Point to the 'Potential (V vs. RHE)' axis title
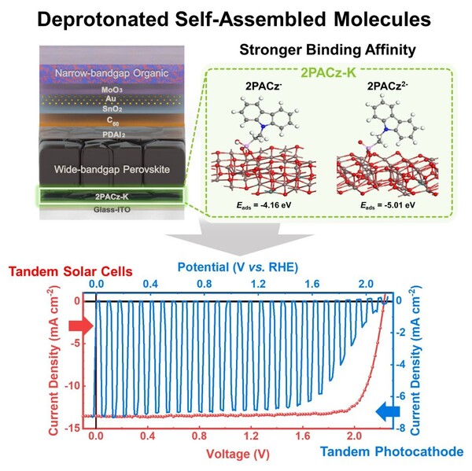(235, 265)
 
